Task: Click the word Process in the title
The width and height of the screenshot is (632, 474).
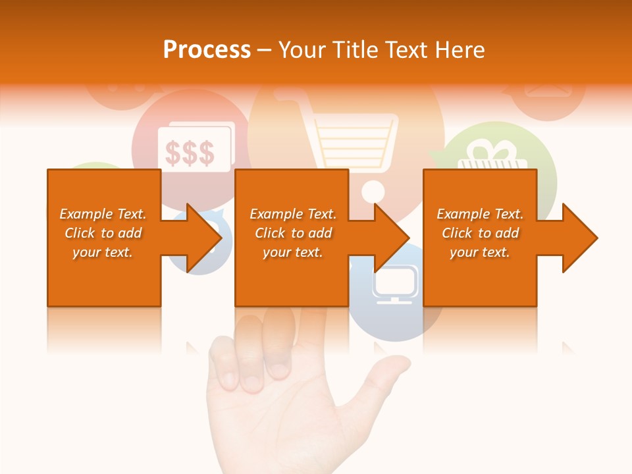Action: [207, 50]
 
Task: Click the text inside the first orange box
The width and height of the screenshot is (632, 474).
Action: [103, 233]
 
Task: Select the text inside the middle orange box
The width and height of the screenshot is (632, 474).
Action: [293, 233]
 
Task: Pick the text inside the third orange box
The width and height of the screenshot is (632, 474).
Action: [480, 233]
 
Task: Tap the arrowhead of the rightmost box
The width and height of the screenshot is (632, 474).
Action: [579, 238]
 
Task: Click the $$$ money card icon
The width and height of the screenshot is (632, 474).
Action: [190, 151]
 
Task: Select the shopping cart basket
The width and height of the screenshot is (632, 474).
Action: [355, 142]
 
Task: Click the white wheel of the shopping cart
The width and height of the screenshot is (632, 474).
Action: [373, 191]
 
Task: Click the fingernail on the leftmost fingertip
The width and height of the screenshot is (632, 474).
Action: [228, 378]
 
